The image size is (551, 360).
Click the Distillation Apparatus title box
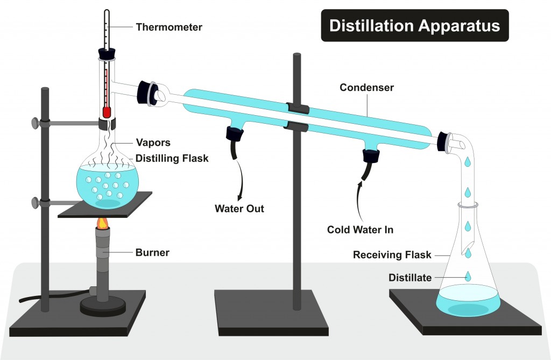coord(415,25)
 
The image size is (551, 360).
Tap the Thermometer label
coord(169,27)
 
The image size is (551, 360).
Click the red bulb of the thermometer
coord(107,112)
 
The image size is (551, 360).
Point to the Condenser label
coord(367,87)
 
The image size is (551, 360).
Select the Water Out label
coord(239,208)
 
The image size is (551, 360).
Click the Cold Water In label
coord(360,230)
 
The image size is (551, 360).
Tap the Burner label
coord(153,252)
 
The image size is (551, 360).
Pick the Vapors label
coord(153,143)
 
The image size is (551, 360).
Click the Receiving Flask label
coord(392,255)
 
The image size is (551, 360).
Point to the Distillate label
coord(410,278)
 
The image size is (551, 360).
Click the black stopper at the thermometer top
coord(106,54)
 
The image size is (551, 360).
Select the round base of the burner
coord(103,307)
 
